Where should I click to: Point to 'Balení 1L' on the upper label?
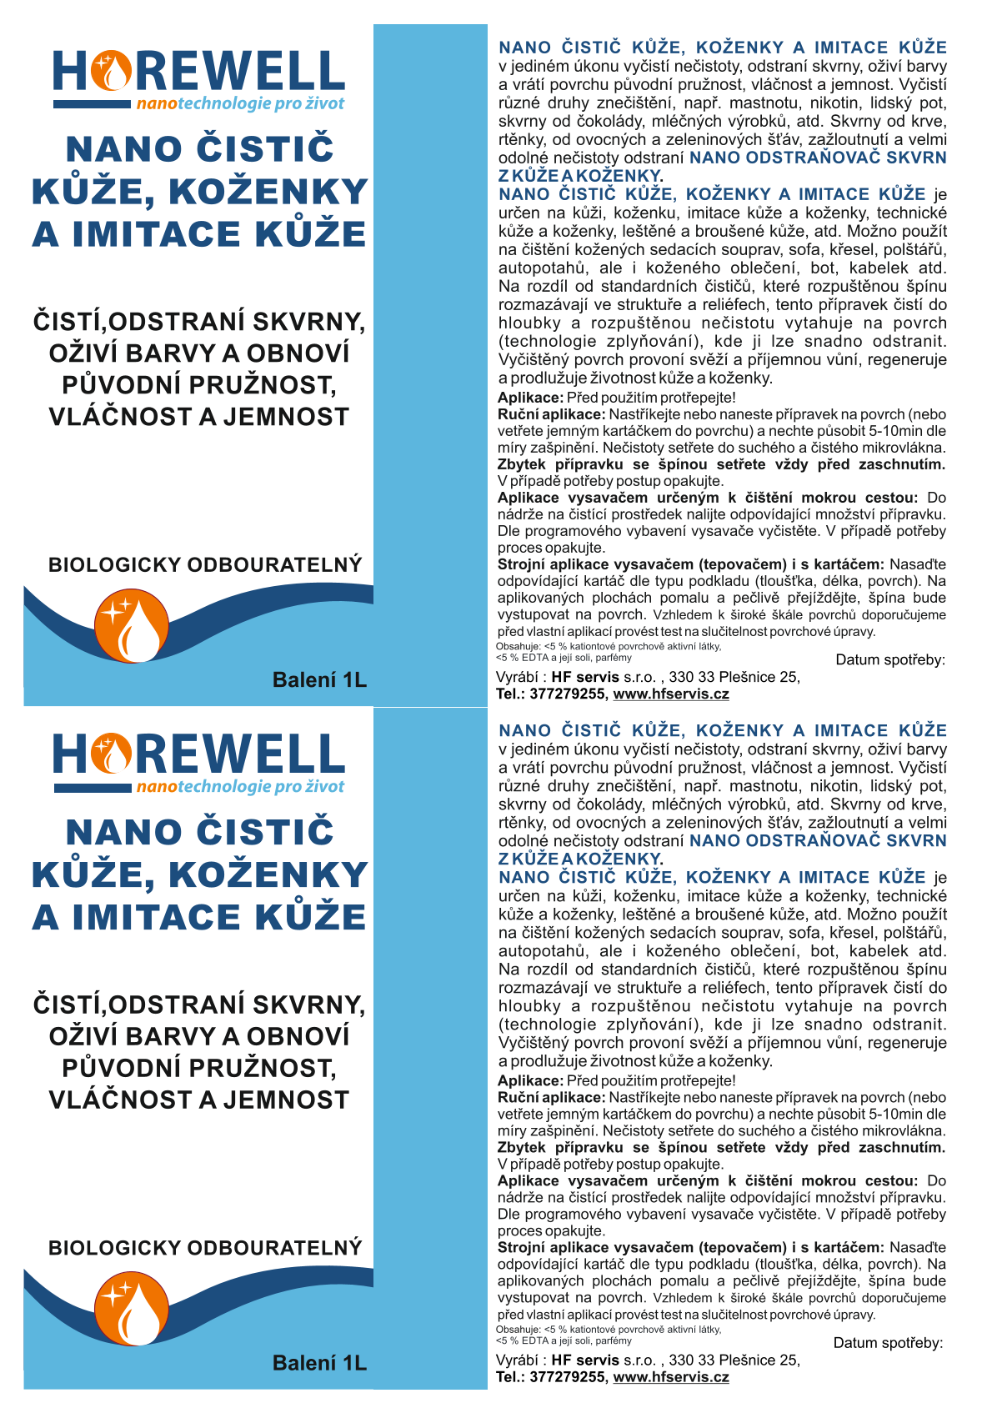point(319,680)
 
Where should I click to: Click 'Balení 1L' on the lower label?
point(319,1363)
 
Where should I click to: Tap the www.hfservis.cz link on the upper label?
point(671,694)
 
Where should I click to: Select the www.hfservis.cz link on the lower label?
point(671,1376)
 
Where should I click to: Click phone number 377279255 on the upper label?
point(568,694)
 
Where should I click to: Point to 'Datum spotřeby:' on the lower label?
point(888,1342)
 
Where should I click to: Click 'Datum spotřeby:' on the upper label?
point(890,659)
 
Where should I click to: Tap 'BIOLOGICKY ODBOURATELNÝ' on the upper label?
point(205,564)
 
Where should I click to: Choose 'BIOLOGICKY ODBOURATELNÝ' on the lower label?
point(205,1248)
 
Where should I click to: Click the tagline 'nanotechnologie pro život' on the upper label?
point(240,104)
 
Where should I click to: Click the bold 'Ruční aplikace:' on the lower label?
point(551,1097)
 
